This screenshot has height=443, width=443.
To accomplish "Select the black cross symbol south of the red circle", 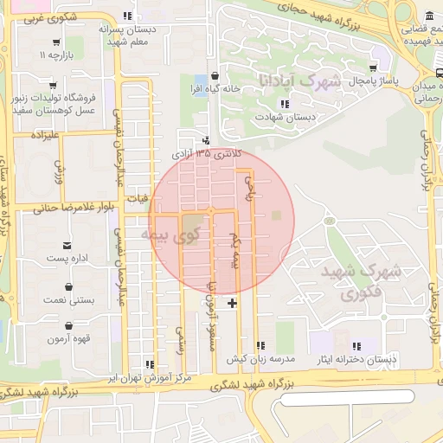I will pos(232,303).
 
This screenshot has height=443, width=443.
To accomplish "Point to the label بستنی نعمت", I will pos(69,299).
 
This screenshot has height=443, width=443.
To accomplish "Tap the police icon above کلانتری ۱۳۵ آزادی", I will pos(205,140).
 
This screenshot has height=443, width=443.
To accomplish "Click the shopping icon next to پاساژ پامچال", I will pos(373,67).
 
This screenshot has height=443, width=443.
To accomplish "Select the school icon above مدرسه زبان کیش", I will pos(260,345).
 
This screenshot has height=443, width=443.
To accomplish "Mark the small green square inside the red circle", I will pos(276,215).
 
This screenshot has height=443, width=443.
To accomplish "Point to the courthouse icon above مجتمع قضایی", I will pos(430,16).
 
